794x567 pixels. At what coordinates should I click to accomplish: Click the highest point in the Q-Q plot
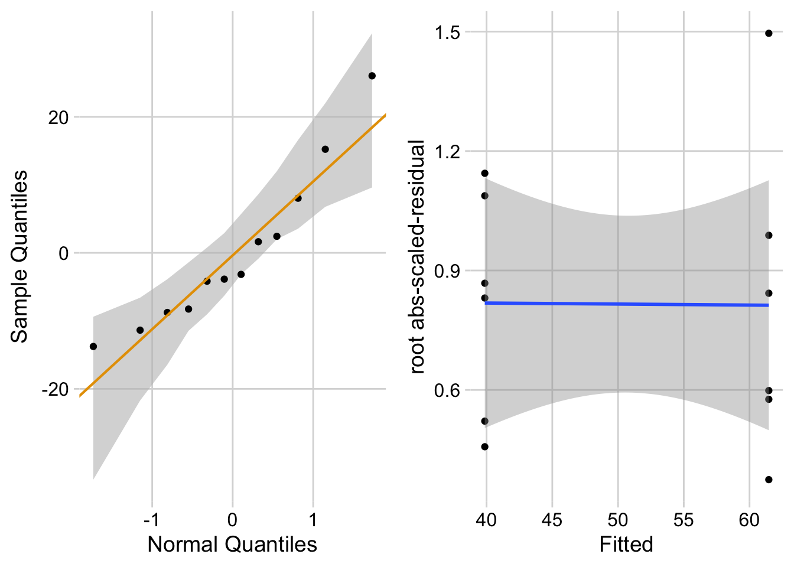coord(372,76)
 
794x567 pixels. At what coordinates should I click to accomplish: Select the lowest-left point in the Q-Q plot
coord(93,346)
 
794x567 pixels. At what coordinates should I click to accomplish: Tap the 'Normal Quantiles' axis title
coord(232,544)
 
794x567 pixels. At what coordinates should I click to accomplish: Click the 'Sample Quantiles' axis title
coord(19,256)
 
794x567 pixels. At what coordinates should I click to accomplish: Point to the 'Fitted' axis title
coord(626,544)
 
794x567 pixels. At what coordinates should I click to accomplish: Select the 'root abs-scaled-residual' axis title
coord(417,257)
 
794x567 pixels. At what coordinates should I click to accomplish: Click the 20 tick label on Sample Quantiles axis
coord(58,118)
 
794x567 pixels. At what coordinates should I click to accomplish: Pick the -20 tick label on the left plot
coord(56,390)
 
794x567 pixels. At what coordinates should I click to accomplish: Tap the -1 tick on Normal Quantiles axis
coord(152,520)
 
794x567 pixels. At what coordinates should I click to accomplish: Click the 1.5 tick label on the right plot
coord(447,32)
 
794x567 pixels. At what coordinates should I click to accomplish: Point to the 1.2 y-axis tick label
coord(447,152)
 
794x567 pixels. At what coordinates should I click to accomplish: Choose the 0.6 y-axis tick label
coord(447,390)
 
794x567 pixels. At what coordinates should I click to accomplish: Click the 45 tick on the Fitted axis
coord(552,520)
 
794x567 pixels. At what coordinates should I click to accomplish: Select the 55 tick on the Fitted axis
coord(684,520)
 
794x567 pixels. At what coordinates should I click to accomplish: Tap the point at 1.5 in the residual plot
coord(769,33)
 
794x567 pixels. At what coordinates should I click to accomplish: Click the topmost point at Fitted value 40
coord(485,173)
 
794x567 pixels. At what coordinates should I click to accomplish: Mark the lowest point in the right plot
coord(769,480)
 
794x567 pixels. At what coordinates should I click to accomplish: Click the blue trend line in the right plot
coord(626,304)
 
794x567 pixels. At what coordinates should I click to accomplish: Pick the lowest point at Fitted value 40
coord(485,447)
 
